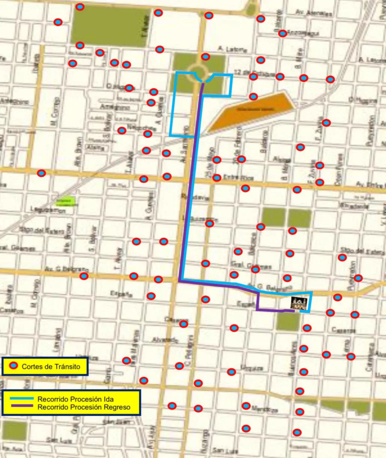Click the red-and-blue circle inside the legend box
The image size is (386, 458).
[x=14, y=366]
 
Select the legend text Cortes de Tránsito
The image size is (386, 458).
[x=51, y=367]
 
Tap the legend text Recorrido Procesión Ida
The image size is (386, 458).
[x=75, y=399]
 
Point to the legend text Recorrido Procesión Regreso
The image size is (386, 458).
[x=84, y=407]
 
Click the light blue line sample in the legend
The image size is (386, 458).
[x=23, y=398]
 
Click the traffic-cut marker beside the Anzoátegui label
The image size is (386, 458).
[x=283, y=33]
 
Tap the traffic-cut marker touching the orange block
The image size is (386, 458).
[x=253, y=97]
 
